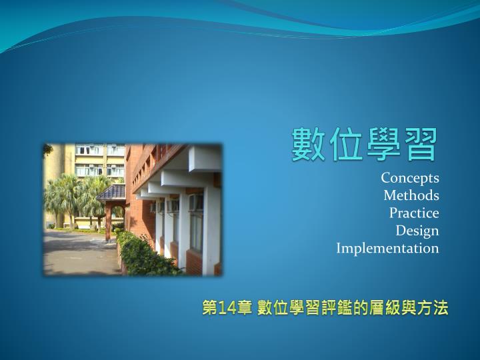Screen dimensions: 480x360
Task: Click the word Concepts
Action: pyautogui.click(x=410, y=179)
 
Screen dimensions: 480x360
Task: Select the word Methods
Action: pyautogui.click(x=411, y=195)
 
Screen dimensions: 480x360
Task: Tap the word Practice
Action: pyautogui.click(x=414, y=213)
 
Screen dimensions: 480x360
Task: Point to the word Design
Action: pyautogui.click(x=417, y=231)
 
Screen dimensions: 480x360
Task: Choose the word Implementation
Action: pyautogui.click(x=387, y=249)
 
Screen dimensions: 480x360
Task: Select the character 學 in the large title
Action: pyautogui.click(x=383, y=144)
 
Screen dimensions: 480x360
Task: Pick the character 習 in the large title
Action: pyautogui.click(x=420, y=144)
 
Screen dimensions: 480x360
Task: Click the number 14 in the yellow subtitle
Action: pyautogui.click(x=228, y=308)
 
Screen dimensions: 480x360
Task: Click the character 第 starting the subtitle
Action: pyautogui.click(x=210, y=307)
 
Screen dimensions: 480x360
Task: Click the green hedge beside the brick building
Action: pyautogui.click(x=144, y=255)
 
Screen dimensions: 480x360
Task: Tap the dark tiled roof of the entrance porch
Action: pyautogui.click(x=113, y=192)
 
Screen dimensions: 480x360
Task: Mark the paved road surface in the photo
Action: pyautogui.click(x=79, y=253)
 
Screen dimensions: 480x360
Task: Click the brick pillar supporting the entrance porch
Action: pyautogui.click(x=108, y=221)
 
